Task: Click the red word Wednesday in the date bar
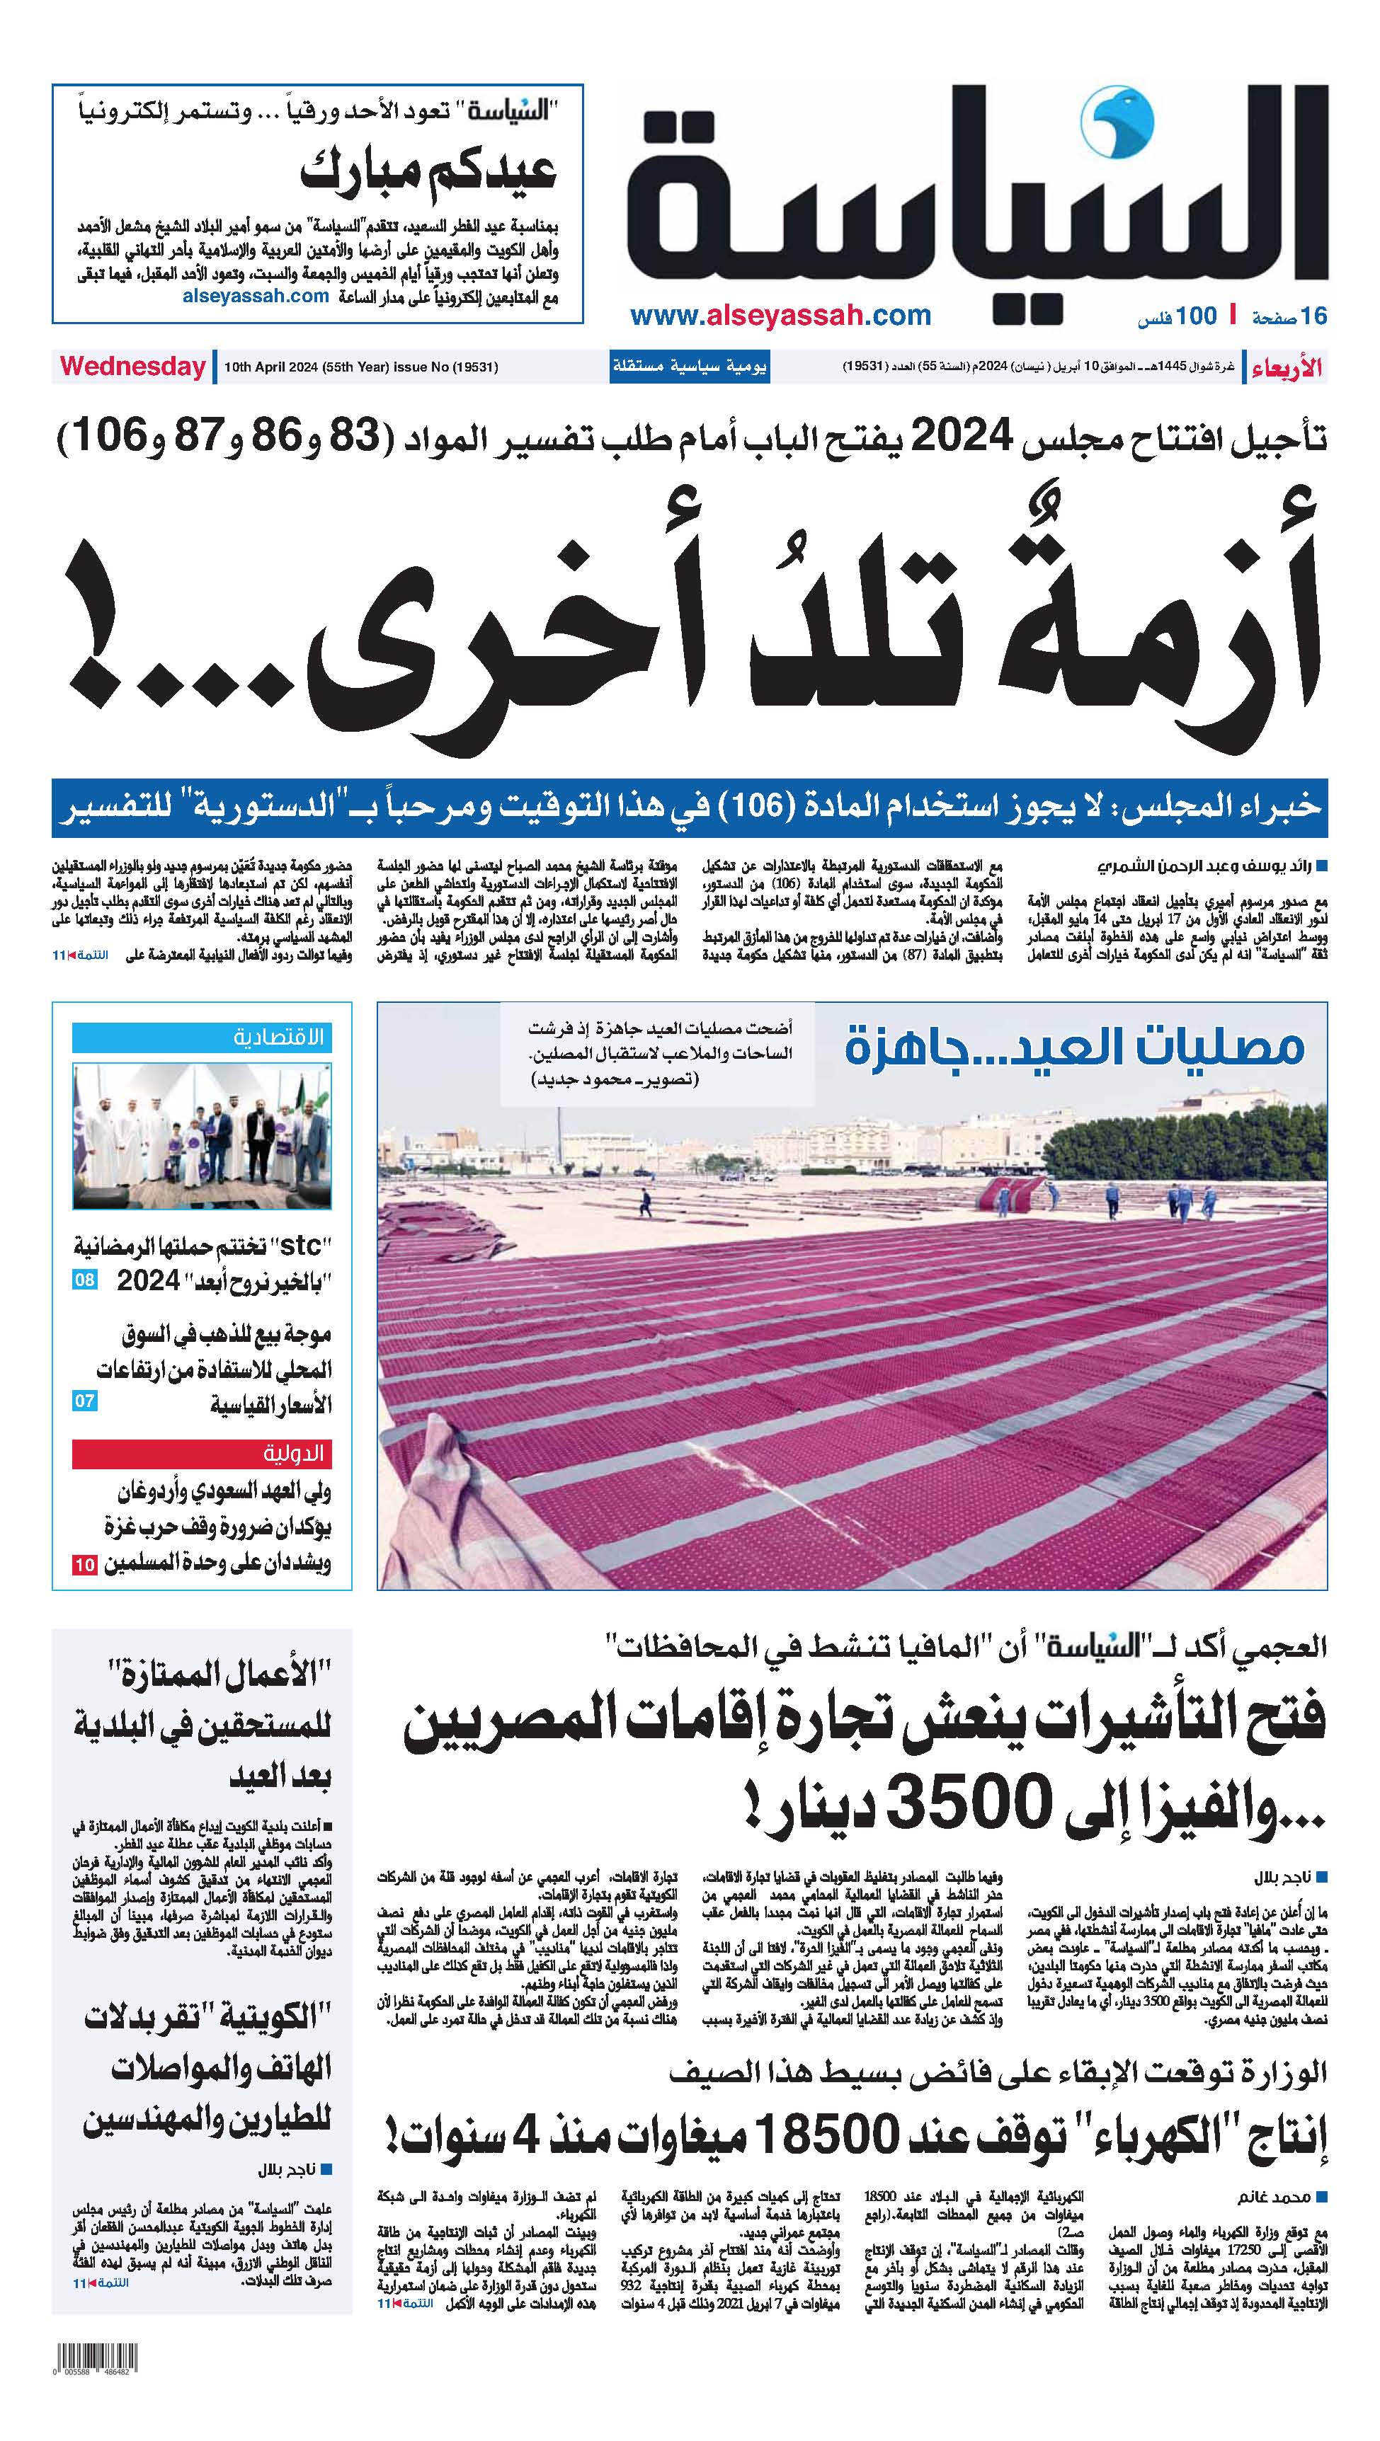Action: [132, 367]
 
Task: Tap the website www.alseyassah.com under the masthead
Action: [780, 316]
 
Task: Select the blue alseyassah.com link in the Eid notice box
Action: [255, 296]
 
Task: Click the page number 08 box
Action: [84, 1280]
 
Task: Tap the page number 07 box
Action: [84, 1401]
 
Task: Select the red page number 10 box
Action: [84, 1565]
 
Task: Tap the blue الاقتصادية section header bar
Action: [202, 1038]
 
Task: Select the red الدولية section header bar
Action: [202, 1453]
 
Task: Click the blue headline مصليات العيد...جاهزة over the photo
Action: [1074, 1048]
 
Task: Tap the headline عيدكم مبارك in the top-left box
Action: [428, 173]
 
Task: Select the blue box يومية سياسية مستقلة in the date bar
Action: [689, 367]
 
